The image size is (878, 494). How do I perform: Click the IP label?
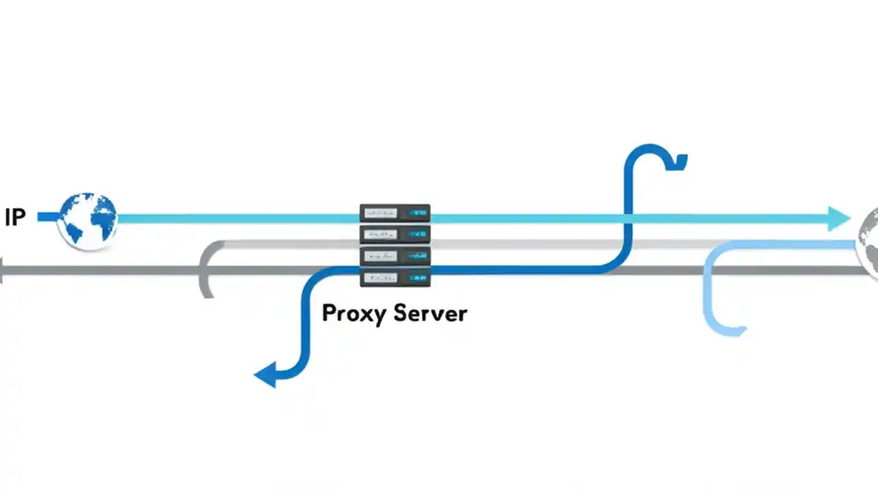click(x=15, y=217)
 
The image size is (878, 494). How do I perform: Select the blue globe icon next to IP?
click(x=88, y=220)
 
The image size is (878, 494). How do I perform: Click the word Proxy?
click(x=356, y=314)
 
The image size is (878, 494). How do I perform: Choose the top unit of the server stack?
click(x=395, y=213)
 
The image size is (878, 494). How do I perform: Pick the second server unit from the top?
click(x=395, y=235)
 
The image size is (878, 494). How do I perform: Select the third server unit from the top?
click(x=395, y=256)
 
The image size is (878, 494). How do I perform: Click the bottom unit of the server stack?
click(x=395, y=278)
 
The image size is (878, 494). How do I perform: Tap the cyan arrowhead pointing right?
click(x=840, y=218)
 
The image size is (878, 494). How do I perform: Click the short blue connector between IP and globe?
click(x=48, y=217)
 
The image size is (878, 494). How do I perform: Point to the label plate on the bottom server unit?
click(x=381, y=278)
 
